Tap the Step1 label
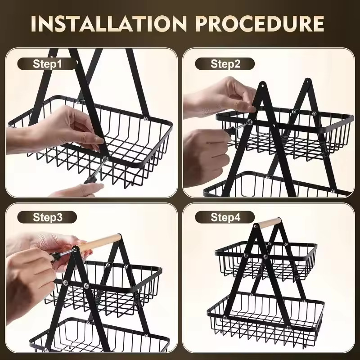click(47, 63)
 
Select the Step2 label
click(225, 63)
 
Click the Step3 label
click(47, 218)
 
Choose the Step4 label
click(225, 218)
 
